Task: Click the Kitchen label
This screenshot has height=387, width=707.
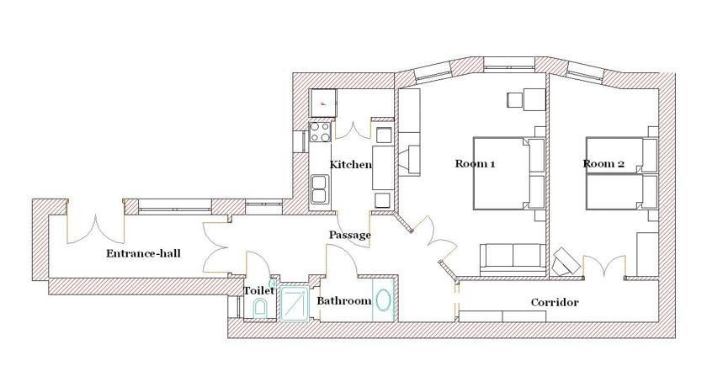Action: click(351, 164)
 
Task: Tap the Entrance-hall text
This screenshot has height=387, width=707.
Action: click(143, 253)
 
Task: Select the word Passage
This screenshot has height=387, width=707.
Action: click(350, 236)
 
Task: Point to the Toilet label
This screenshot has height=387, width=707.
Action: click(259, 290)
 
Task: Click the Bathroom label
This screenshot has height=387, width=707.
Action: click(344, 301)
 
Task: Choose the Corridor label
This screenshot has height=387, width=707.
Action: click(555, 302)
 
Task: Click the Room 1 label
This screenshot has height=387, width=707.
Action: click(475, 163)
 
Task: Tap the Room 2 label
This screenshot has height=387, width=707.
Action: click(603, 163)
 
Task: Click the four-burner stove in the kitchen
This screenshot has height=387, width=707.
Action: click(320, 131)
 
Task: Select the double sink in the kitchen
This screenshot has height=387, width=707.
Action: click(319, 189)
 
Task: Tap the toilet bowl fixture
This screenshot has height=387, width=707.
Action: click(260, 309)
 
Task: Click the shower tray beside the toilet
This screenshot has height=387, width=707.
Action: click(295, 304)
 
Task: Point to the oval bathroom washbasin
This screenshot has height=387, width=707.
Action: click(383, 300)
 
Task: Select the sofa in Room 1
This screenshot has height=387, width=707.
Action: click(513, 259)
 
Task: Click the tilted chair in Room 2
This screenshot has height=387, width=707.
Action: click(566, 261)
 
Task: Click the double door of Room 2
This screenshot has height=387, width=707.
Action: click(604, 265)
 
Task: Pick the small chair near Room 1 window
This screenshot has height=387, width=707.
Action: click(514, 99)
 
